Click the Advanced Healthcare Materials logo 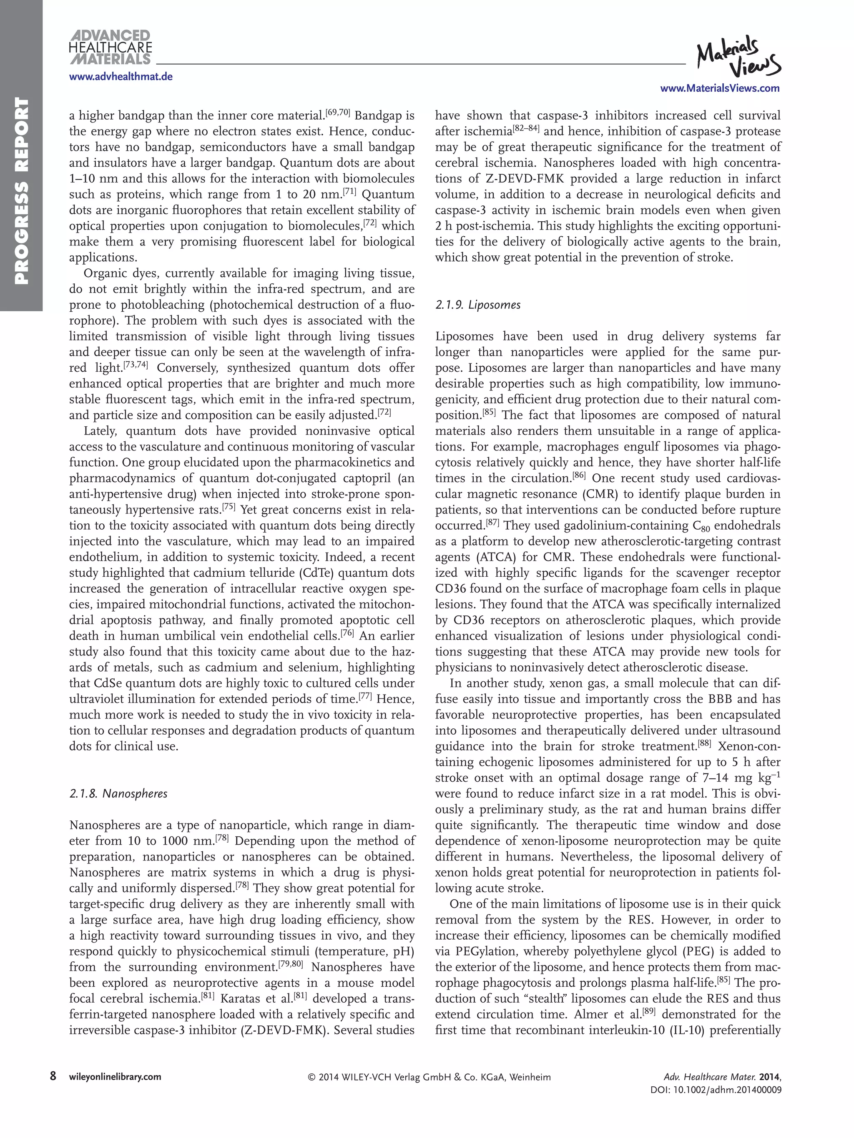(x=110, y=48)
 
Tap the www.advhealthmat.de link (x=121, y=77)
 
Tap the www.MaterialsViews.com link (x=720, y=88)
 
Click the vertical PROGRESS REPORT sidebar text (x=21, y=190)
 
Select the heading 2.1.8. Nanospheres (x=118, y=794)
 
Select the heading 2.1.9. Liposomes (x=478, y=305)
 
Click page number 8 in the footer (x=53, y=1076)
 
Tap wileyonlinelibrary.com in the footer (x=115, y=1077)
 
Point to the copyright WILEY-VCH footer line (x=429, y=1077)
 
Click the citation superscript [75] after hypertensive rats (x=229, y=507)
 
